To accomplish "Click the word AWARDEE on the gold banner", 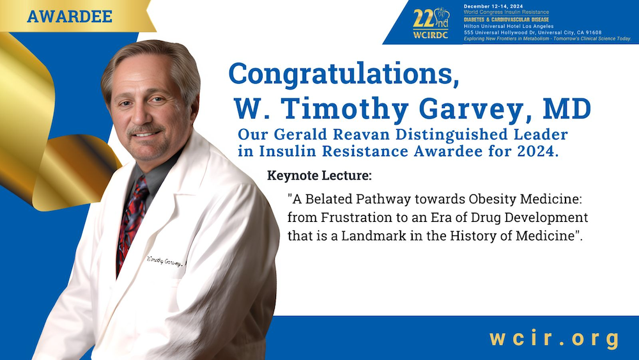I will coord(70,16).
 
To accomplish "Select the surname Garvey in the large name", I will coord(464,109).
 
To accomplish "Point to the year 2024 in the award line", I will coord(539,153).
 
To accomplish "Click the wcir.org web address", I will coord(555,338).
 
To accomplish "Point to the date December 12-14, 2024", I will coord(499,7).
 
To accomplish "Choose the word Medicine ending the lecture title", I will coord(550,235).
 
